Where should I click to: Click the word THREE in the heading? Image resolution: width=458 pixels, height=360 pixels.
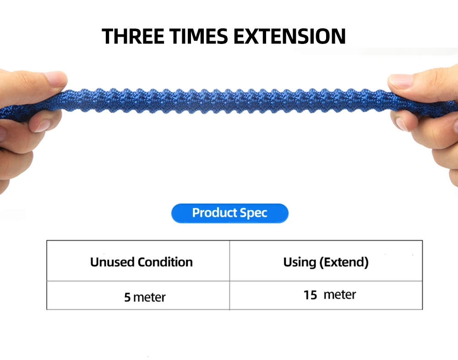click(x=133, y=36)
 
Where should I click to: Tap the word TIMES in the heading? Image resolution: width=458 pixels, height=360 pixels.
click(x=199, y=36)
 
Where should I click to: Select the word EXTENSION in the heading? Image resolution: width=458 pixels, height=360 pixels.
click(x=289, y=36)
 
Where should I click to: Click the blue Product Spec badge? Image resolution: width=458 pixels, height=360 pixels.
click(x=230, y=213)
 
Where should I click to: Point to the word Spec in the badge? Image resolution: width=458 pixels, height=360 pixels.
click(x=253, y=213)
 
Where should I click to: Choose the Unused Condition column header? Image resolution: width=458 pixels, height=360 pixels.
click(x=142, y=262)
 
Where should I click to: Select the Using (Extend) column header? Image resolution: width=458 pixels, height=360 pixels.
click(x=326, y=262)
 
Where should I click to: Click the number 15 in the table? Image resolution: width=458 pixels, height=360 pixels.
click(x=310, y=295)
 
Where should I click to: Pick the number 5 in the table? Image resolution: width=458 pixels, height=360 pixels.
click(x=127, y=297)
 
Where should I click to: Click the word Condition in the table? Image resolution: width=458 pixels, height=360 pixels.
click(x=165, y=262)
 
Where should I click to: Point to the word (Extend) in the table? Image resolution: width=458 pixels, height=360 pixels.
click(x=344, y=262)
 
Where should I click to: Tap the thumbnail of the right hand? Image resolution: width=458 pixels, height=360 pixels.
click(x=400, y=81)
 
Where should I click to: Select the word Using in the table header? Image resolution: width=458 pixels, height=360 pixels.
click(x=300, y=262)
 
